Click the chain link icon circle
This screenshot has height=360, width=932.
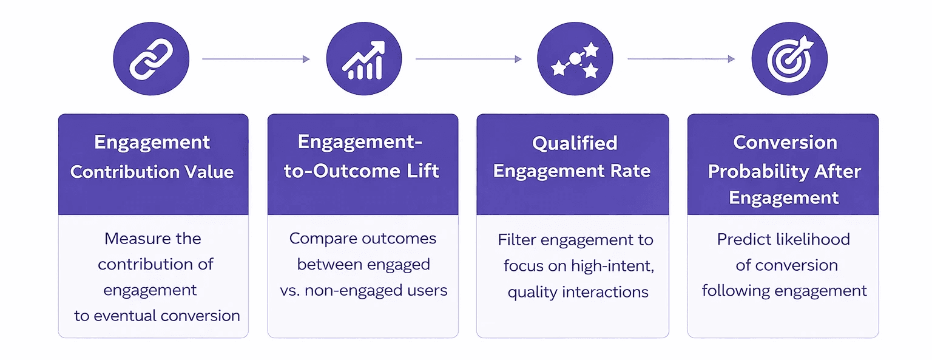pyautogui.click(x=151, y=59)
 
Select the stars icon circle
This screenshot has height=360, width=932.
pyautogui.click(x=575, y=59)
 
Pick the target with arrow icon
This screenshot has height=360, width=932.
pyautogui.click(x=789, y=59)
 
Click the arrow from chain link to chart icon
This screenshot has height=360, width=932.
pyautogui.click(x=256, y=59)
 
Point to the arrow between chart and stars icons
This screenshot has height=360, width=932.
pyautogui.click(x=468, y=59)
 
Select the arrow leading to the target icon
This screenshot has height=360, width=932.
pyautogui.click(x=681, y=59)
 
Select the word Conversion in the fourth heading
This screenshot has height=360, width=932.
pyautogui.click(x=785, y=142)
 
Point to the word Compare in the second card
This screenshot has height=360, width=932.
pyautogui.click(x=323, y=239)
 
